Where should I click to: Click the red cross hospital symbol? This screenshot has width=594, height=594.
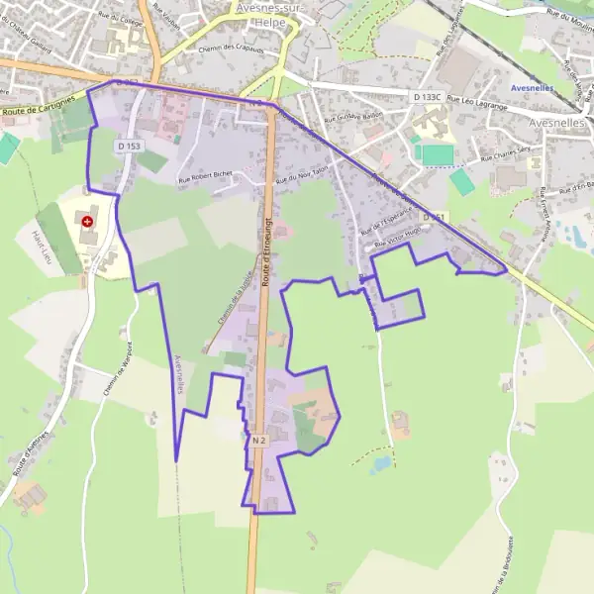pyautogui.click(x=88, y=223)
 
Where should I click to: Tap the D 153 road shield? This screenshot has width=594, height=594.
pyautogui.click(x=128, y=147)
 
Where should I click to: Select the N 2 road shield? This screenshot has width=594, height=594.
pyautogui.click(x=259, y=439)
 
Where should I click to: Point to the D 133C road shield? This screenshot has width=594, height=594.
pyautogui.click(x=427, y=97)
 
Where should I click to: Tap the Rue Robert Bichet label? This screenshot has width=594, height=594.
pyautogui.click(x=205, y=176)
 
